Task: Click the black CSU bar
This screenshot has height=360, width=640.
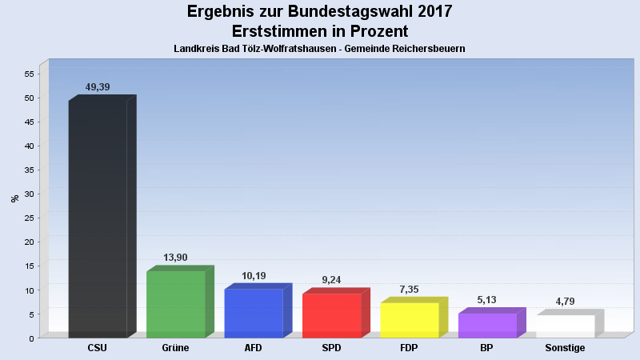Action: coord(98,218)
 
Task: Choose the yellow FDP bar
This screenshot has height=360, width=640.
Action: coord(410,320)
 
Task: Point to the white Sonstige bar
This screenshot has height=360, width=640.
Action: coord(565,326)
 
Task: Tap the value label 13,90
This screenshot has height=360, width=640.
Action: coord(175,258)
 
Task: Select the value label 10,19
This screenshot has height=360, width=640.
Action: coord(254,276)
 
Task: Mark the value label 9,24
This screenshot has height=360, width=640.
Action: coord(331,280)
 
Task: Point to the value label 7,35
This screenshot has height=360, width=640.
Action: coord(410,290)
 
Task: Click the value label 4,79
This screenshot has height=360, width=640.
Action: coord(565,302)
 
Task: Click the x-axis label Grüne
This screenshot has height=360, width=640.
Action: coord(175,348)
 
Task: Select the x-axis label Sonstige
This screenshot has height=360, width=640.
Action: coord(565,348)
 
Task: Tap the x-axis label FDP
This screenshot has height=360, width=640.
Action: coord(410,348)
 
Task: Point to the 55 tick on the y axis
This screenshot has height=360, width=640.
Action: coord(29,74)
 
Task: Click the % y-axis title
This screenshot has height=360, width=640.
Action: coord(14,198)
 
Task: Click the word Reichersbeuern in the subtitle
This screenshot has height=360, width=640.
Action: coord(427,49)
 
